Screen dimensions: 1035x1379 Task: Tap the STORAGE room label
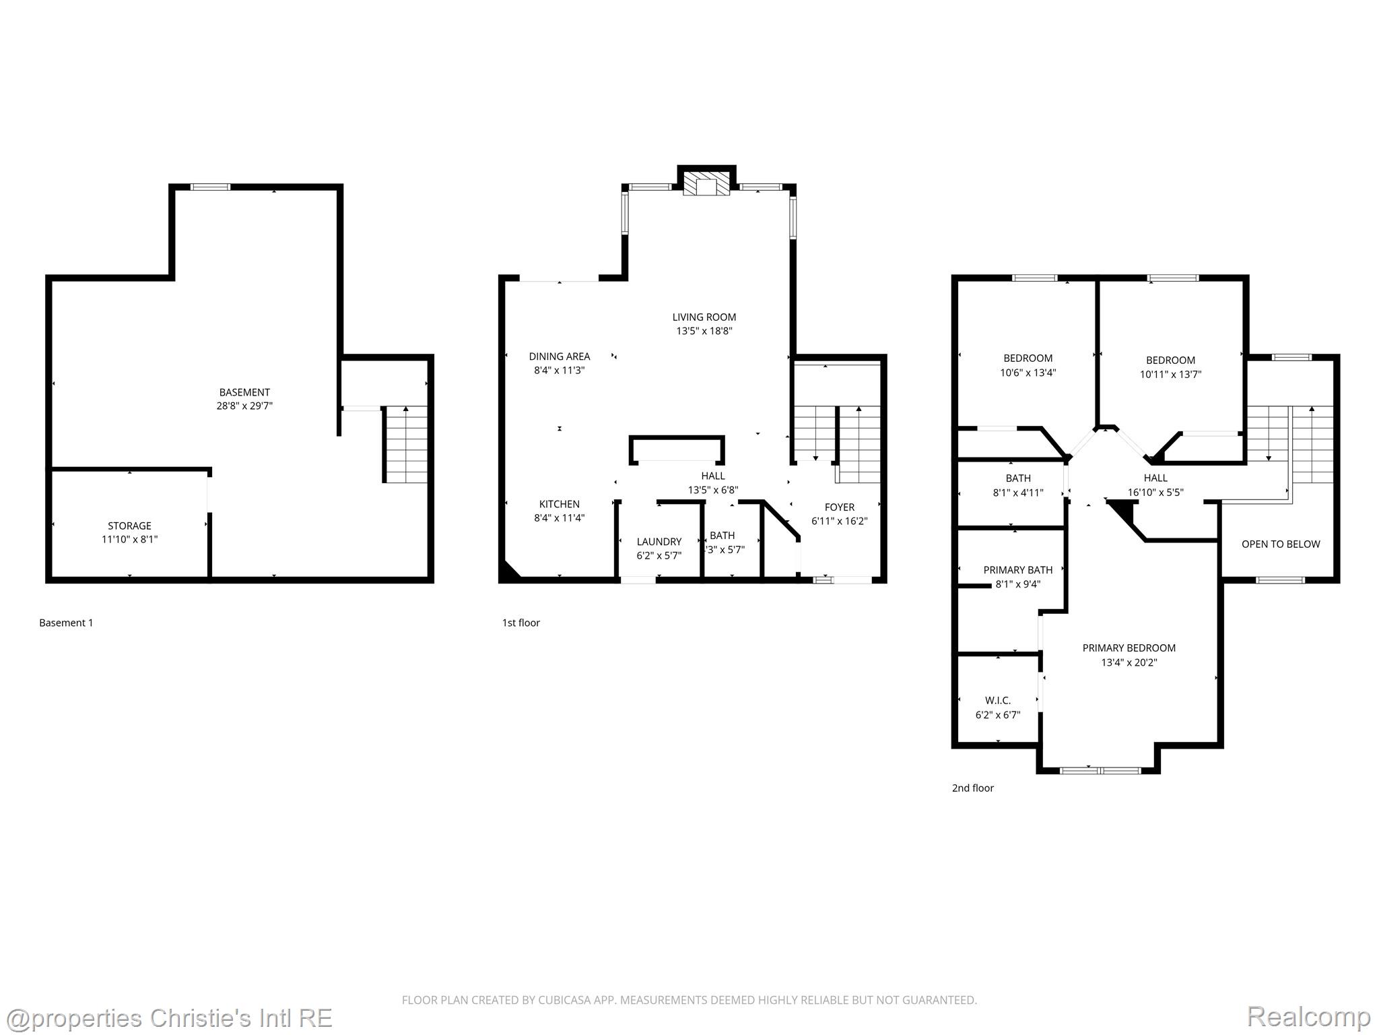click(129, 526)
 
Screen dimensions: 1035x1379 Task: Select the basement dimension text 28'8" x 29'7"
click(244, 406)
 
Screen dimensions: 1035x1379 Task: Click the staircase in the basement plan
click(406, 445)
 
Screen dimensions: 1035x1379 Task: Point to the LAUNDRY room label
click(659, 542)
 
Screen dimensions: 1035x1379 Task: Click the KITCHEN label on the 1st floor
click(559, 504)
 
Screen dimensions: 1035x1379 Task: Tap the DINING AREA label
click(559, 356)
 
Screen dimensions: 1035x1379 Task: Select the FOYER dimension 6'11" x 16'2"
click(839, 521)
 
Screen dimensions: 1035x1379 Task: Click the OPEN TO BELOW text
click(1280, 544)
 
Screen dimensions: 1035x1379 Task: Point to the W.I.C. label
click(997, 701)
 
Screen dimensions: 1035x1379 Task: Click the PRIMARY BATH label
click(1017, 570)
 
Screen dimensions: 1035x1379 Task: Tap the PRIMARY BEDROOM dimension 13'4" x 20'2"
click(1129, 662)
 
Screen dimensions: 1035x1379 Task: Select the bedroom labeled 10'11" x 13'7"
click(1170, 367)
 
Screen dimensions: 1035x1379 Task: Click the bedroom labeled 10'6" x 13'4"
click(1028, 365)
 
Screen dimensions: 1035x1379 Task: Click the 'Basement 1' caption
click(66, 623)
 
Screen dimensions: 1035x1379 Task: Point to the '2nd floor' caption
click(972, 788)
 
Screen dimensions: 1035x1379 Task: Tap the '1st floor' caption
click(520, 623)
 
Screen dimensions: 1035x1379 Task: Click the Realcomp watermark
click(1308, 1017)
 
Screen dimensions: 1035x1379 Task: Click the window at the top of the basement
click(210, 187)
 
